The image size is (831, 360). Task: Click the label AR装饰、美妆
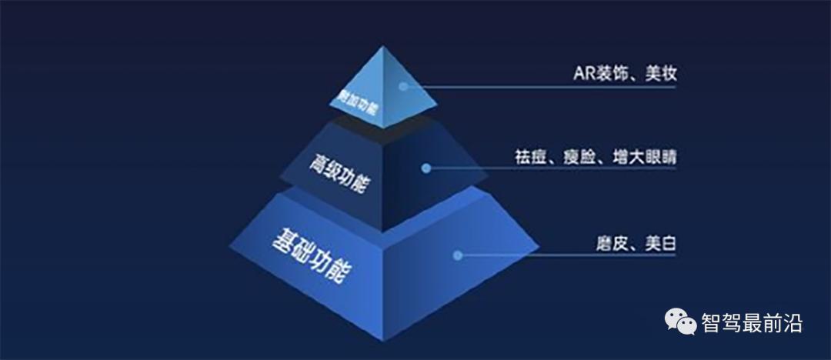click(x=624, y=74)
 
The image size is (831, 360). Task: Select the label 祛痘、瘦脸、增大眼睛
click(x=596, y=156)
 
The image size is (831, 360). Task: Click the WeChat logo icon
click(x=680, y=322)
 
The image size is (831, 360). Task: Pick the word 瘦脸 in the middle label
click(x=586, y=156)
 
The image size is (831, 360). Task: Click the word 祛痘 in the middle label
click(x=529, y=156)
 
